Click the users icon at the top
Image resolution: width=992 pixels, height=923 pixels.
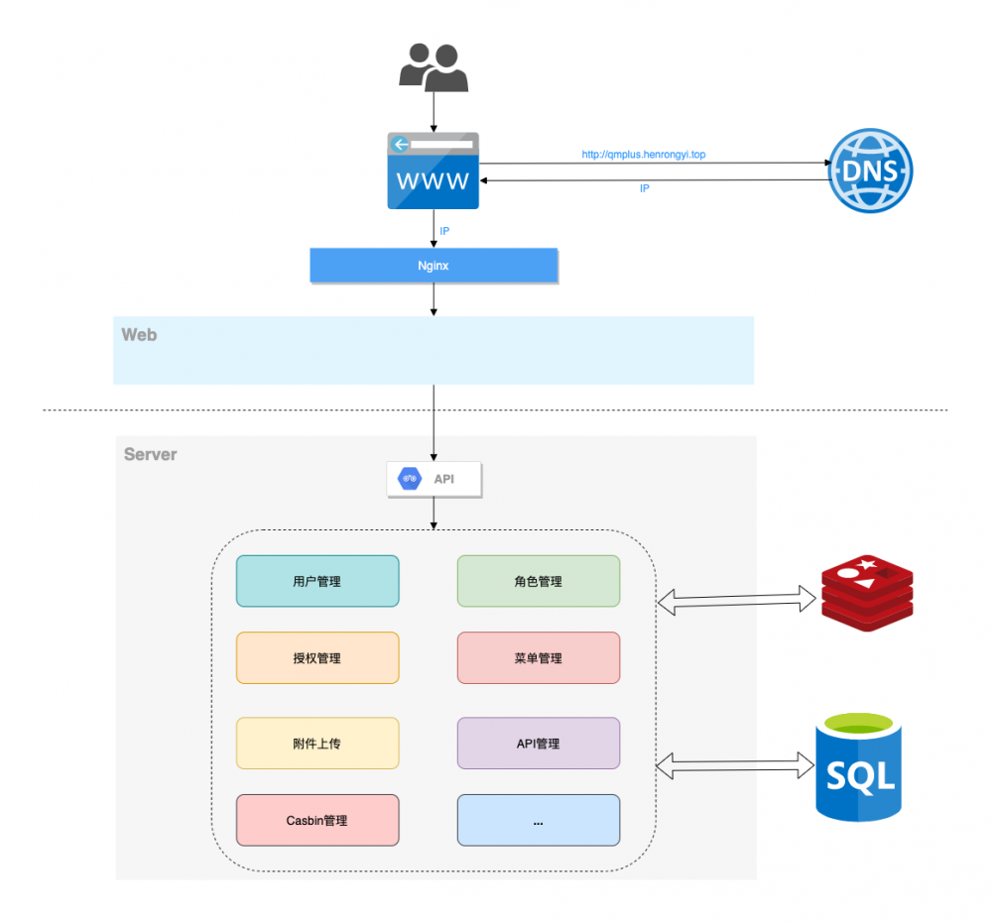(x=433, y=67)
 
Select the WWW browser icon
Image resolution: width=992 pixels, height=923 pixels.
(x=433, y=171)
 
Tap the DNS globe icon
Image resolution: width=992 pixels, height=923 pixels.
(x=870, y=171)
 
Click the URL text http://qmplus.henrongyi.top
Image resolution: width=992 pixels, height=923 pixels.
(x=644, y=155)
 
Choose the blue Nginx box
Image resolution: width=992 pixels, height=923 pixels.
(x=433, y=266)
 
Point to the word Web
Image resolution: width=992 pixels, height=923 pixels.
(x=139, y=335)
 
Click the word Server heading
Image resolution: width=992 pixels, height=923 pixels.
(x=151, y=454)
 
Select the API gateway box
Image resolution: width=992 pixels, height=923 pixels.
(x=434, y=479)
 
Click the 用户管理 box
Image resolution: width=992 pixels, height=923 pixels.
(x=317, y=581)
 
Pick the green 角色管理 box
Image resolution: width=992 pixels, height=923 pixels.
(x=539, y=581)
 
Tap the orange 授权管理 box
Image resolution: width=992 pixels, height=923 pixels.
(x=317, y=658)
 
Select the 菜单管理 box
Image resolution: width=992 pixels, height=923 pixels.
(x=539, y=658)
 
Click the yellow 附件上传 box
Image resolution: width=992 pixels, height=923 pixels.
(x=317, y=744)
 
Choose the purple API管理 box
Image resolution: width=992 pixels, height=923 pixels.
(x=539, y=744)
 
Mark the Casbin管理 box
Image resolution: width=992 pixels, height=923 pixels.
(x=317, y=820)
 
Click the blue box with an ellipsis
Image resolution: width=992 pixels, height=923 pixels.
(x=539, y=820)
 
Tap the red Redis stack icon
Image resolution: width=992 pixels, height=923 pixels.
(x=866, y=595)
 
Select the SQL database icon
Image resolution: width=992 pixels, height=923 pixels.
(x=859, y=767)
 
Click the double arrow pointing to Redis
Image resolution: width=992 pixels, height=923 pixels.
(x=738, y=599)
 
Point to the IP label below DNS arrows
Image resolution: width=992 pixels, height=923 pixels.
(x=644, y=187)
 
